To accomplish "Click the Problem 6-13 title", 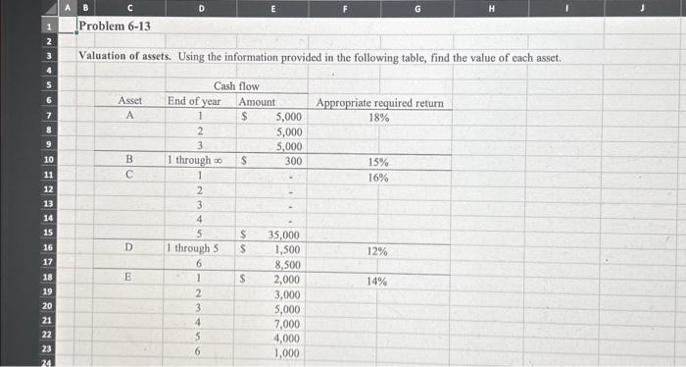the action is (x=115, y=26).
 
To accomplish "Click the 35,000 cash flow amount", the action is (x=284, y=236).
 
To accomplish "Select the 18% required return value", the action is (x=378, y=118).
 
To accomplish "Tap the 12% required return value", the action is (x=377, y=251).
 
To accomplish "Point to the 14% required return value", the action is (x=377, y=281).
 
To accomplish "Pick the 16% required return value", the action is (x=378, y=178).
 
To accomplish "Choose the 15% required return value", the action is (x=378, y=162).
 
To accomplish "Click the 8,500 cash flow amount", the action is (x=287, y=265).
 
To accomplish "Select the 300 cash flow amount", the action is (x=292, y=161).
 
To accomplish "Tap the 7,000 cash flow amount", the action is (x=287, y=324).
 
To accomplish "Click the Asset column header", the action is (x=129, y=102).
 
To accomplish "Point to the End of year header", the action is (x=194, y=102).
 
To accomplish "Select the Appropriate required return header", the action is (x=379, y=103).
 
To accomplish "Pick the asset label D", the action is (x=129, y=250).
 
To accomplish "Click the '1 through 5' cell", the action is (x=197, y=249).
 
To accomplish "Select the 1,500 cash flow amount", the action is (x=287, y=250).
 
